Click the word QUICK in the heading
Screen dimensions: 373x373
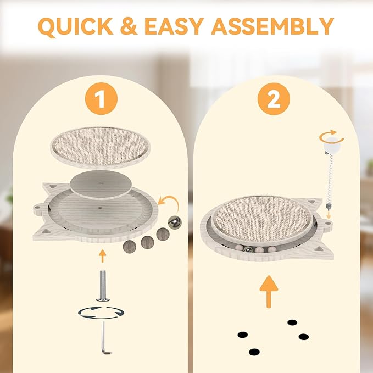(x=75, y=26)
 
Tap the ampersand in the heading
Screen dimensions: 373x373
(x=129, y=26)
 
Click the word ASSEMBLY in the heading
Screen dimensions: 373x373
(x=272, y=26)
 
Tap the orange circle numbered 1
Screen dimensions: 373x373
(x=101, y=99)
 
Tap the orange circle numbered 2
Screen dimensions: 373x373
(x=274, y=99)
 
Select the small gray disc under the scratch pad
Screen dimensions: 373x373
(x=101, y=184)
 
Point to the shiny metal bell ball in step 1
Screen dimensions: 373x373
(x=175, y=222)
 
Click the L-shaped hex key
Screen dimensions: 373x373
(x=104, y=337)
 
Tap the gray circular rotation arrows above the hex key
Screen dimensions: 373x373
(x=101, y=313)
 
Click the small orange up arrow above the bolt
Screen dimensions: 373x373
(x=102, y=256)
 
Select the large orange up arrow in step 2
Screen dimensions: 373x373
(x=269, y=292)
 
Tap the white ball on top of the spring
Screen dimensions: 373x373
(x=332, y=145)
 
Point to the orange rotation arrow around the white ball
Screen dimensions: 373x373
(x=331, y=137)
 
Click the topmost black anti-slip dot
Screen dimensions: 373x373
(x=292, y=322)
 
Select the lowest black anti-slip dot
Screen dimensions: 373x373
(x=254, y=352)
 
